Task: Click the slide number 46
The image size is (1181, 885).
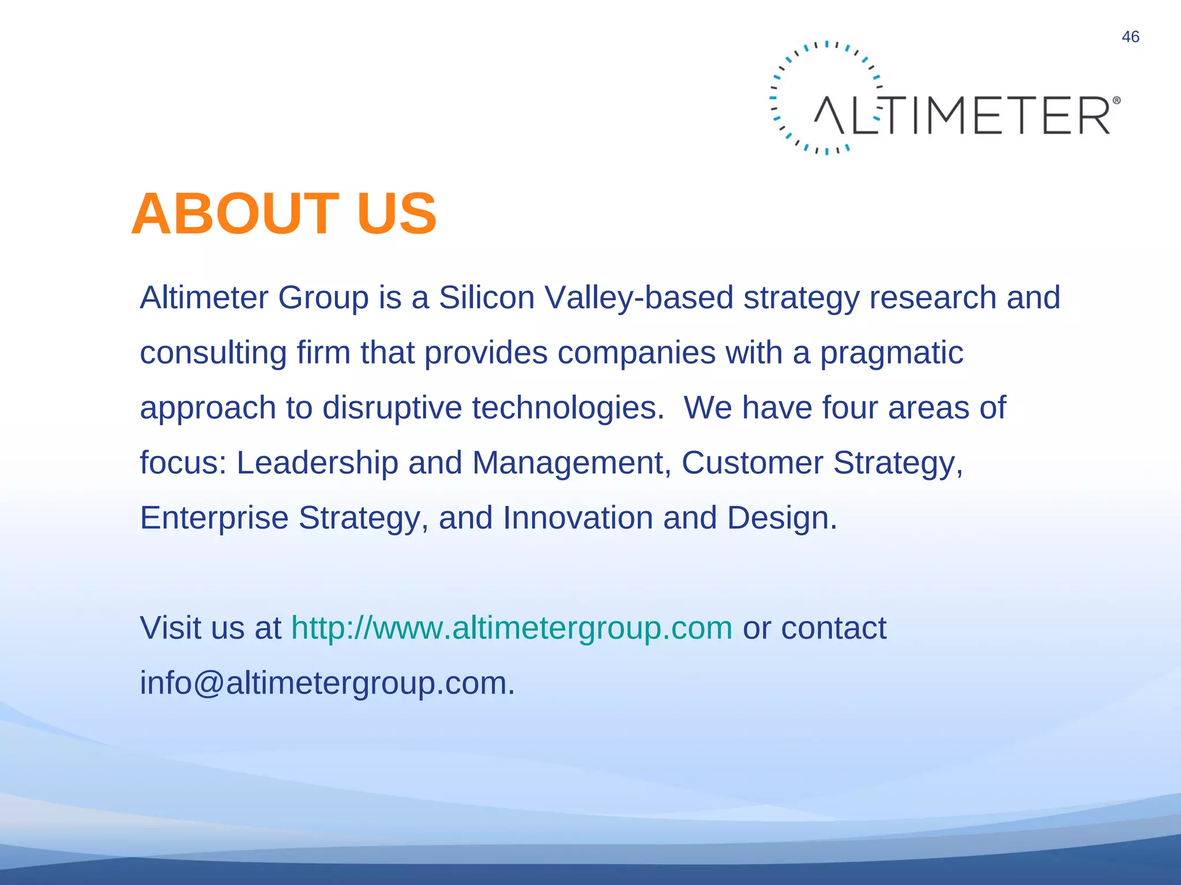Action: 1130,37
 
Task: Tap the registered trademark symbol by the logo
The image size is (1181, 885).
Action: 1116,100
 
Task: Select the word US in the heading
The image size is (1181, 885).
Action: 397,214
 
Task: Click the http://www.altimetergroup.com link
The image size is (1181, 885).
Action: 511,628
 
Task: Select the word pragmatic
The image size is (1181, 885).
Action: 892,353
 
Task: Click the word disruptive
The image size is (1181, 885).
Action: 392,408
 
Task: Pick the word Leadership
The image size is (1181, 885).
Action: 317,463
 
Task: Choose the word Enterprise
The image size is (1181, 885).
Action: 214,518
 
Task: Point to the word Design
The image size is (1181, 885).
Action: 781,518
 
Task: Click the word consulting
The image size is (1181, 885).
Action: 213,353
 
